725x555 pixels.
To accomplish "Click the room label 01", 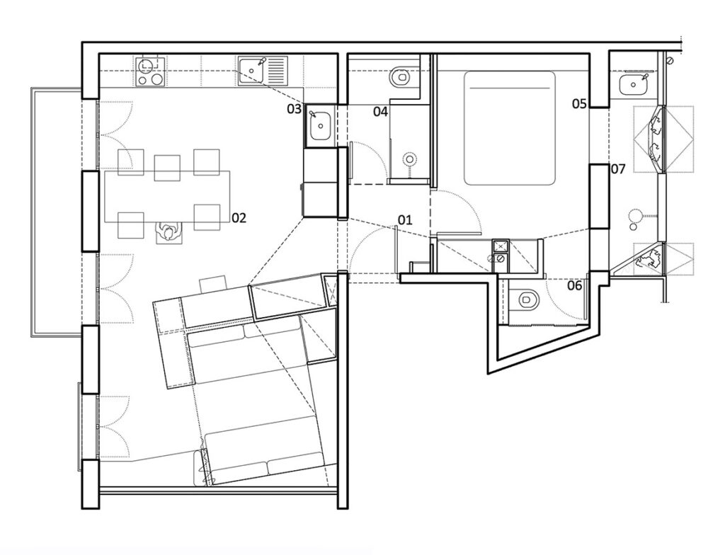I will point(404,220).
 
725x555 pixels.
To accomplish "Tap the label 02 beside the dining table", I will point(239,218).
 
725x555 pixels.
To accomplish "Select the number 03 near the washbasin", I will point(294,109).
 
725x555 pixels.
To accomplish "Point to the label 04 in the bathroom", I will point(380,112).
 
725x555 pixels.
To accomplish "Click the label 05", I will point(579,104).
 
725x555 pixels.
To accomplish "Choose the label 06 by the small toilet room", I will point(574,286).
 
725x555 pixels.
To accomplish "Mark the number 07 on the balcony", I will point(617,169).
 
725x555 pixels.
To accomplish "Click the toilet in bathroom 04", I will point(401,75).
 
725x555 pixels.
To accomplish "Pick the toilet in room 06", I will point(526,300).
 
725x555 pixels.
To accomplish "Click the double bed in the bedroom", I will point(509,127).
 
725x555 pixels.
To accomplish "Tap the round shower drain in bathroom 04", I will point(409,160).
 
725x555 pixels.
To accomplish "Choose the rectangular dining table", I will point(166,196).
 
